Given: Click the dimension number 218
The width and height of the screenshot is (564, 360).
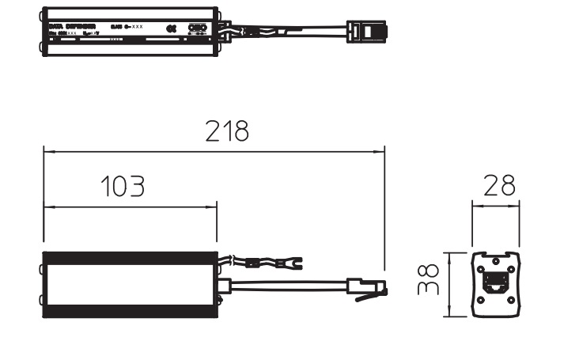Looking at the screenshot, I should (226, 131).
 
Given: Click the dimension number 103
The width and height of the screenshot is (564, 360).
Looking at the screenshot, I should (123, 187).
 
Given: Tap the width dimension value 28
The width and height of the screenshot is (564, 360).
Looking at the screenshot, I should (498, 186).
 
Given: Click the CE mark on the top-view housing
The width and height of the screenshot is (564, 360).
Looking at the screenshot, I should (171, 27).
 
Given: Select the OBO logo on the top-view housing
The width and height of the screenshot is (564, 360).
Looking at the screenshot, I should (195, 27).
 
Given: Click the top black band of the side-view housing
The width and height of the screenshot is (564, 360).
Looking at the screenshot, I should (130, 257).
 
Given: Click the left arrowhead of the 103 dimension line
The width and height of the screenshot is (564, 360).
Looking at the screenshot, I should (47, 207).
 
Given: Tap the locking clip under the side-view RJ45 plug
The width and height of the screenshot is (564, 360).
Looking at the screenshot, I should (365, 297).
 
